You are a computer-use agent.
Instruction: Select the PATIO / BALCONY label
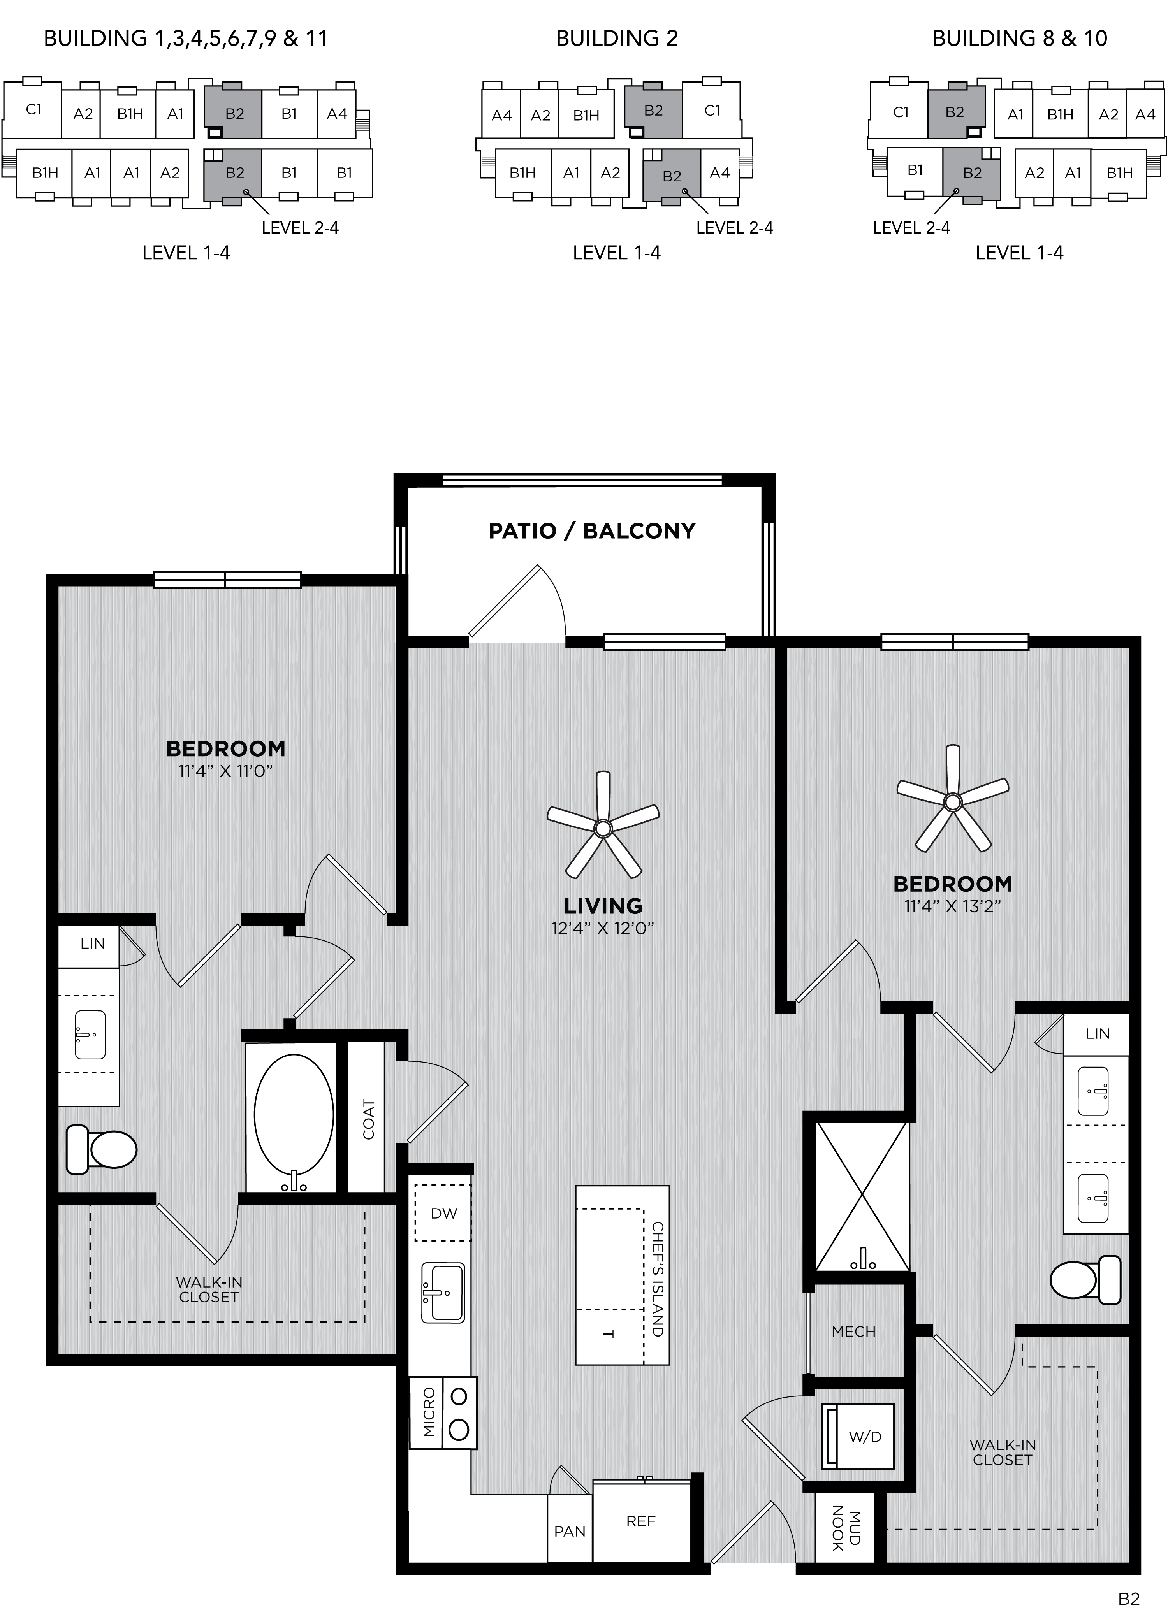[x=592, y=531]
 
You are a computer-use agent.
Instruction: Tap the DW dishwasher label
[x=444, y=1213]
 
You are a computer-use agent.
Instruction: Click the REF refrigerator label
[x=641, y=1521]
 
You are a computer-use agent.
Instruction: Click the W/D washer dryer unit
[x=858, y=1437]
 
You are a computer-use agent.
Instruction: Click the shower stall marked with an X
[x=862, y=1197]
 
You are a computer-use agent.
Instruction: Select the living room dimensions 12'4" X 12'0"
[x=602, y=928]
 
